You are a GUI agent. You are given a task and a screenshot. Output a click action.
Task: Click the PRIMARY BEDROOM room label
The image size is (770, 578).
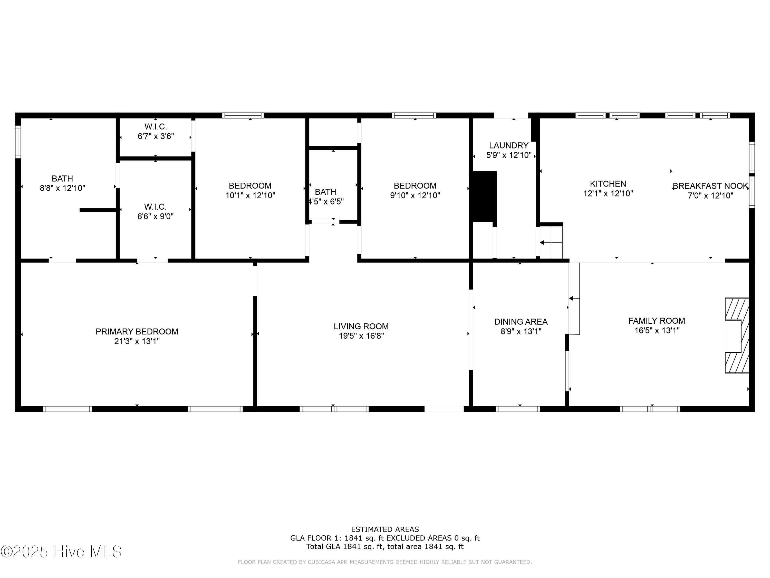[137, 331]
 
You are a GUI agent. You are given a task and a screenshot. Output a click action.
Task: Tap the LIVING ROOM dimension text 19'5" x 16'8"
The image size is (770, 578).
[361, 336]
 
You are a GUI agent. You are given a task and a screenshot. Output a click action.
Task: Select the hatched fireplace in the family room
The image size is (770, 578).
[737, 335]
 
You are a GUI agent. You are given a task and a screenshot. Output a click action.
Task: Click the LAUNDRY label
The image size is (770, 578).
[508, 146]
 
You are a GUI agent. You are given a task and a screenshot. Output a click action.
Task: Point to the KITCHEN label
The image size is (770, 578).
[608, 184]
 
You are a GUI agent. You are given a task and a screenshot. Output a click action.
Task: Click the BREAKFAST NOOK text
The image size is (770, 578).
[710, 186]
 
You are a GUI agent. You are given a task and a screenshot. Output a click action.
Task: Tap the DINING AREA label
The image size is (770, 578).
[521, 322]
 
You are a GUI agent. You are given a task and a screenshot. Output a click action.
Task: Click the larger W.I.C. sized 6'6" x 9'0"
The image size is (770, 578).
[155, 211]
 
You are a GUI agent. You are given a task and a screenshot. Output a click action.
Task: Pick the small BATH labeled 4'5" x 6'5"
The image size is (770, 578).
[326, 197]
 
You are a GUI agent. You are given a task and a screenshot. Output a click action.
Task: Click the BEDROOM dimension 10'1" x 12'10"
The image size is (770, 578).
[250, 195]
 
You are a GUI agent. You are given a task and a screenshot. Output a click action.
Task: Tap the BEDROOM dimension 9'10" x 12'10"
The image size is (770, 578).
[415, 195]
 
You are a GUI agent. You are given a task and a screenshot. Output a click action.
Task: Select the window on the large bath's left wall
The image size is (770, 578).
[18, 142]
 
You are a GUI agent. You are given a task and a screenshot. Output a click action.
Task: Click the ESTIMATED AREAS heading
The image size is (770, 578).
[385, 529]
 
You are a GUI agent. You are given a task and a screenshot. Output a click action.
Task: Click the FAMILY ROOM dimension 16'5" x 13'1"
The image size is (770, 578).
[657, 331]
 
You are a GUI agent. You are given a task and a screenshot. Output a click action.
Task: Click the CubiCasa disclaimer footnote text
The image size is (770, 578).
[385, 562]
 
